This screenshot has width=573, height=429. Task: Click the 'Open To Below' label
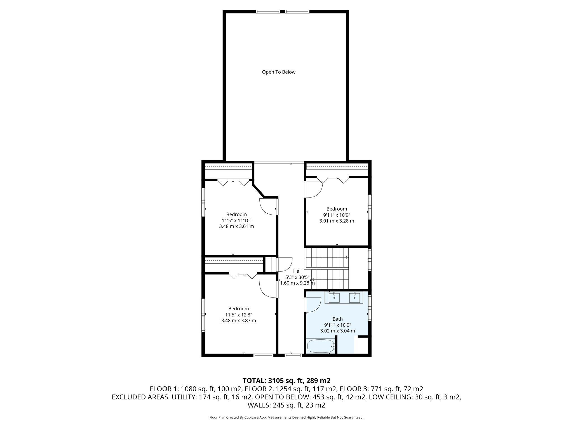click(x=279, y=72)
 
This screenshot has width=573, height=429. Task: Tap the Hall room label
click(x=297, y=271)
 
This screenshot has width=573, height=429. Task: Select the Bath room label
click(x=337, y=319)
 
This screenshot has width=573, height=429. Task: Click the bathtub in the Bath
click(x=321, y=346)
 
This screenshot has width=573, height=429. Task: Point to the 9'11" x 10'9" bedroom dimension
click(x=337, y=215)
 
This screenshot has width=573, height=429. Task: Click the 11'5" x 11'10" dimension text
click(x=236, y=220)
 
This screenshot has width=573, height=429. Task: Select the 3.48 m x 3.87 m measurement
click(x=238, y=321)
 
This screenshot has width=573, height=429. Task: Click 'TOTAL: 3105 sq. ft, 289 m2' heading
click(x=286, y=380)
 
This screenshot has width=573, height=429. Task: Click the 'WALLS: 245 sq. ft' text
click(x=286, y=405)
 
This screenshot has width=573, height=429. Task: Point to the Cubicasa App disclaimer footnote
click(x=286, y=418)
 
